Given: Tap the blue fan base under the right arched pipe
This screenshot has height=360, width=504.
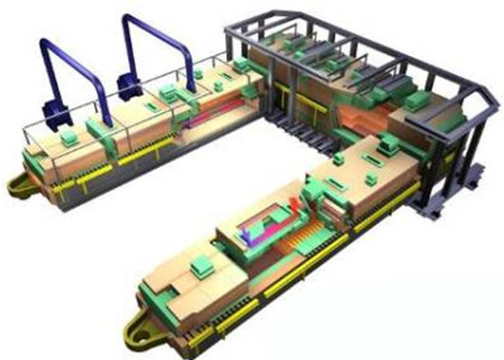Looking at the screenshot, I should (x=130, y=85).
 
